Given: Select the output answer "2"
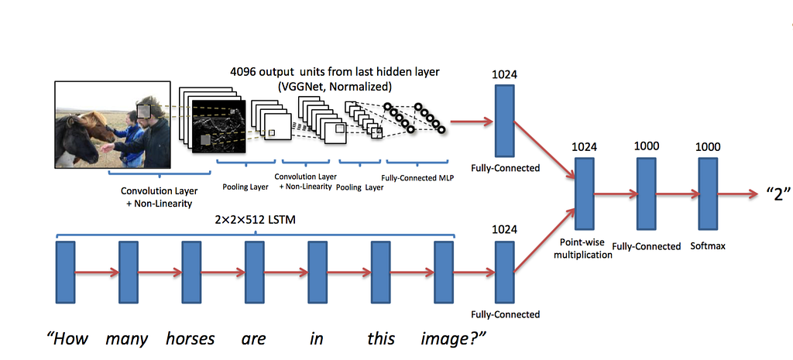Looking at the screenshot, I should [774, 194].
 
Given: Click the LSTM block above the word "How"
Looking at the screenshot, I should [66, 272].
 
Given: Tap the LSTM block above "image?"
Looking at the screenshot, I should [443, 272].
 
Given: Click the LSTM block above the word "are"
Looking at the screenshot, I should [255, 272].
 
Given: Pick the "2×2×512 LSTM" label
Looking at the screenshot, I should [254, 220].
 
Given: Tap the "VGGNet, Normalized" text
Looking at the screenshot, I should [334, 86].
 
